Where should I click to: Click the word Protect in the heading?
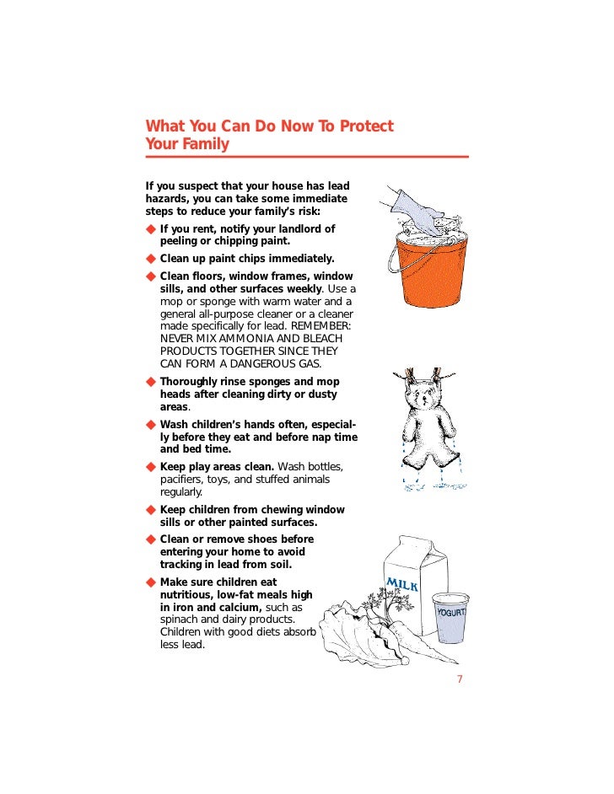click(x=366, y=126)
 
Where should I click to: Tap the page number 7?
click(x=460, y=679)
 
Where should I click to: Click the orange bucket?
click(x=431, y=268)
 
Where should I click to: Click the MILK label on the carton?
click(x=403, y=584)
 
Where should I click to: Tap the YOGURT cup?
click(x=450, y=618)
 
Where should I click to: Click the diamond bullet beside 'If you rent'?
click(x=150, y=229)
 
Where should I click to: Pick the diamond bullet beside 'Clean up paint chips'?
click(x=150, y=259)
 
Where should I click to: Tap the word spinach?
click(x=178, y=620)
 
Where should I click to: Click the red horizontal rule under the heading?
click(x=307, y=157)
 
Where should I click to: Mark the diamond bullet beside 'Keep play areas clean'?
click(x=150, y=467)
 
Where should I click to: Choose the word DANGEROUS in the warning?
click(x=261, y=363)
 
